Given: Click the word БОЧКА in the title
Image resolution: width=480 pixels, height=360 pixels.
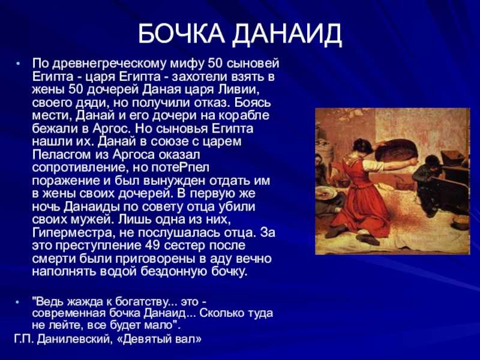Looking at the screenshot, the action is [181, 34].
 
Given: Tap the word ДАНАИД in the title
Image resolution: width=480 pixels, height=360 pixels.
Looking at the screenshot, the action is [287, 34].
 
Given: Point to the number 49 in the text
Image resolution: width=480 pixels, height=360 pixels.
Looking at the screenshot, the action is [152, 245].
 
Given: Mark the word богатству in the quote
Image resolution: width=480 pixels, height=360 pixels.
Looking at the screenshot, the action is [143, 302].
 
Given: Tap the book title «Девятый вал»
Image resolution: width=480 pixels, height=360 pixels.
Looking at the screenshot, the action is [160, 339].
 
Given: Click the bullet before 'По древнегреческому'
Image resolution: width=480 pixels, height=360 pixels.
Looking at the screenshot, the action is [18, 64].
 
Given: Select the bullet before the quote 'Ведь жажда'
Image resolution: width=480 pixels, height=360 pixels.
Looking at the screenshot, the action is [18, 302].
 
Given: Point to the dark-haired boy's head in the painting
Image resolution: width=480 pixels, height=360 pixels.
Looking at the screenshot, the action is [431, 161].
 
